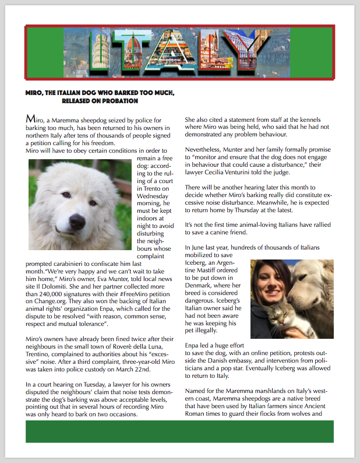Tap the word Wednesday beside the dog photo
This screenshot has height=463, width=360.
153,197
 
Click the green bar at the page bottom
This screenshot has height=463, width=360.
179,432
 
